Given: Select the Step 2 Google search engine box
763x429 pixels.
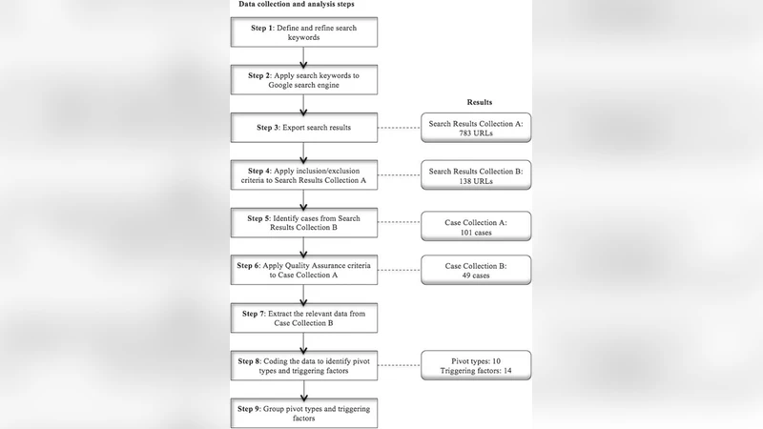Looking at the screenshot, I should click(x=302, y=81).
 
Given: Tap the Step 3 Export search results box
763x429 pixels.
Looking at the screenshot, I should click(x=302, y=127).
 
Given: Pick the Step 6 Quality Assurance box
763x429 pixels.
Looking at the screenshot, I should click(x=302, y=270).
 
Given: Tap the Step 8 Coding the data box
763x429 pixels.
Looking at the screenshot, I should click(x=302, y=367).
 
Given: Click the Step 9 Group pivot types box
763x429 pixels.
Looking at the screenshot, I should click(x=302, y=413).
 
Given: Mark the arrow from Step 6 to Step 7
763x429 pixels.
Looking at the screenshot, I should click(x=302, y=294).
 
